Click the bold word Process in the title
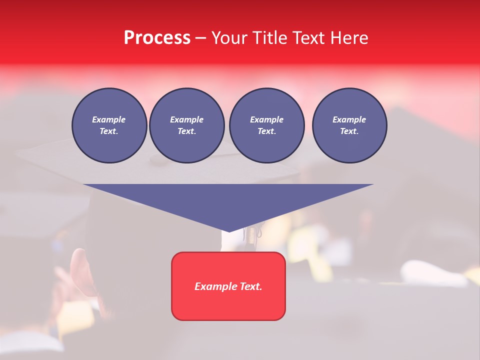click(x=157, y=38)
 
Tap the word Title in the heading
click(x=269, y=38)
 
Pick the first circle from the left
click(x=109, y=125)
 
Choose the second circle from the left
click(x=186, y=125)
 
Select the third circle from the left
click(x=266, y=125)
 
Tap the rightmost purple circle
click(x=349, y=125)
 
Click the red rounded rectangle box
click(x=228, y=285)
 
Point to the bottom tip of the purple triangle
click(x=228, y=231)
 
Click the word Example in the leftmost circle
click(x=109, y=119)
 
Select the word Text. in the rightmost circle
click(x=349, y=131)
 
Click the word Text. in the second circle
click(x=186, y=131)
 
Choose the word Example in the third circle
click(x=266, y=119)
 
